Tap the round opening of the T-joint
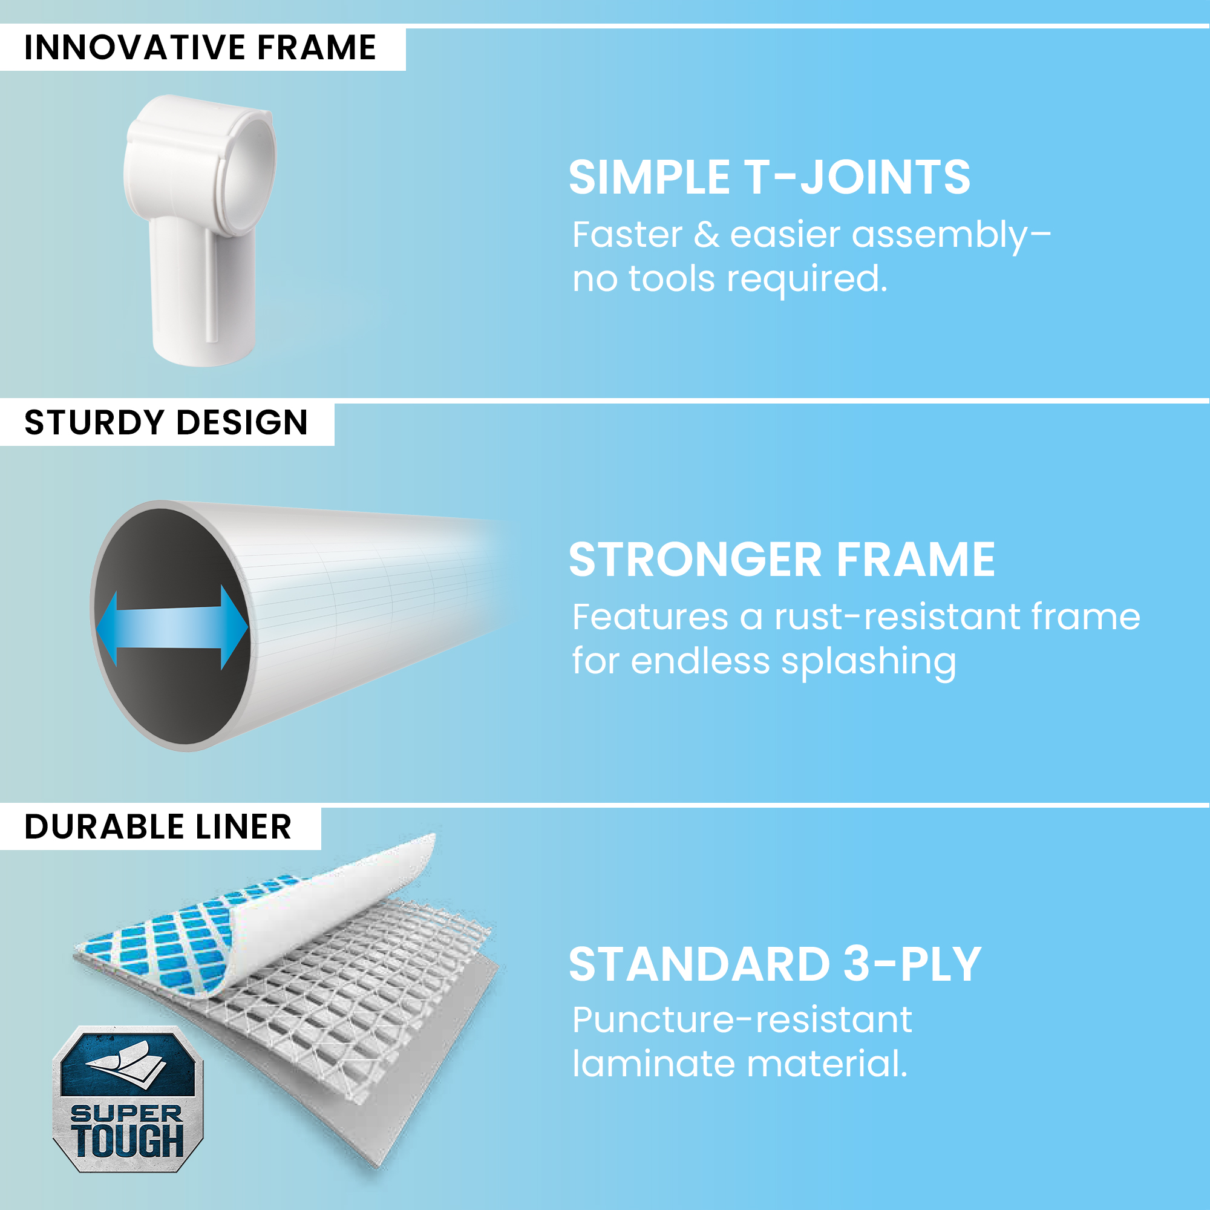pyautogui.click(x=249, y=168)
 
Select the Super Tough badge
pyautogui.click(x=128, y=1099)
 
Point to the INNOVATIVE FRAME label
pyautogui.click(x=200, y=48)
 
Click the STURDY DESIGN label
pyautogui.click(x=166, y=423)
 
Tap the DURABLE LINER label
pyautogui.click(x=158, y=827)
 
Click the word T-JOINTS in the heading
pyautogui.click(x=857, y=178)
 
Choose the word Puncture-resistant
pyautogui.click(x=742, y=1021)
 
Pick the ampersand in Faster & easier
pyautogui.click(x=707, y=235)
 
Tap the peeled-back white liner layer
pyautogui.click(x=325, y=908)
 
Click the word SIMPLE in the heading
pyautogui.click(x=649, y=178)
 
